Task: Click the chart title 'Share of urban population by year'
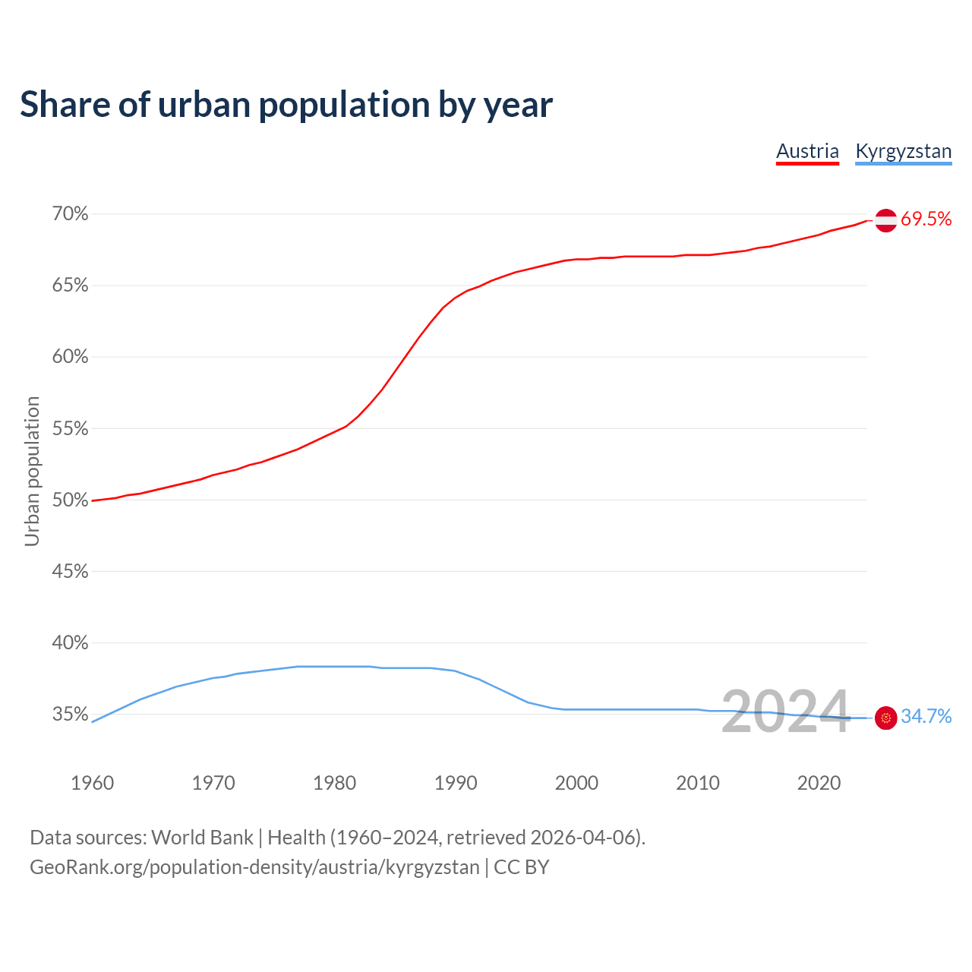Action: (x=286, y=105)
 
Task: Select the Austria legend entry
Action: (x=807, y=151)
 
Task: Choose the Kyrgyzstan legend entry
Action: (x=903, y=151)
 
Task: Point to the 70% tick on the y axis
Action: (x=70, y=214)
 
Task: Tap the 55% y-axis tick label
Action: (x=70, y=429)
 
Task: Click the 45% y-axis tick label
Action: (x=70, y=572)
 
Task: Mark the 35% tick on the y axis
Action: (x=70, y=715)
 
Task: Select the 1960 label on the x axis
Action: (x=92, y=783)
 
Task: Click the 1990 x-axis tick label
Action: (x=456, y=783)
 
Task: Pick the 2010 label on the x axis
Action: (x=698, y=783)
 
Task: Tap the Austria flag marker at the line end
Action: (x=885, y=220)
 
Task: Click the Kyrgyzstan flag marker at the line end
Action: (x=885, y=717)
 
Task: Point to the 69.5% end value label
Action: (x=926, y=219)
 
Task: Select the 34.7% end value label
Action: (x=926, y=717)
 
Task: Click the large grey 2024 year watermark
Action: (x=785, y=712)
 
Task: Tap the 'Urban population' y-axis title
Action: (x=32, y=471)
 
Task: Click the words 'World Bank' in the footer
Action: (x=202, y=838)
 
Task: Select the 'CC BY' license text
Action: (x=521, y=867)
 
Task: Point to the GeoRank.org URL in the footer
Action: (x=254, y=867)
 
